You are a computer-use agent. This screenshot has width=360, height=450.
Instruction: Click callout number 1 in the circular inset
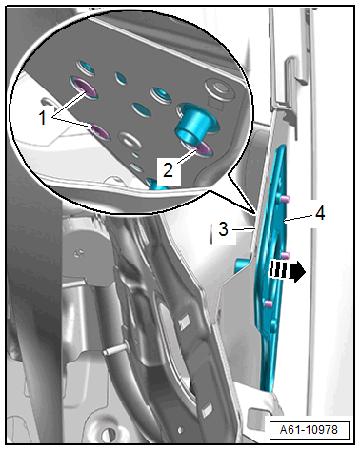42,118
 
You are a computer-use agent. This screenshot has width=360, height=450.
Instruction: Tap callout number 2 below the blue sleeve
168,169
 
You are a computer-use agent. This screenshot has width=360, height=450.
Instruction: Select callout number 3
223,228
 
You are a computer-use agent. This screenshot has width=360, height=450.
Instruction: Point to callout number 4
320,212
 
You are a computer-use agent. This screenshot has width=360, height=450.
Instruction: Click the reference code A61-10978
309,430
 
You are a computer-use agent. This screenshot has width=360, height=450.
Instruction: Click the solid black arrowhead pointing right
298,271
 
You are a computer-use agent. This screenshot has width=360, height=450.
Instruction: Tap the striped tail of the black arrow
280,270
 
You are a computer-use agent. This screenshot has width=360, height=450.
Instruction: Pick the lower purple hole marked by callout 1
101,132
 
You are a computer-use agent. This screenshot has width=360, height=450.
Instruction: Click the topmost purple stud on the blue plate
285,199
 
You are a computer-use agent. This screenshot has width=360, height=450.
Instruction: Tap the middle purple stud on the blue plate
286,255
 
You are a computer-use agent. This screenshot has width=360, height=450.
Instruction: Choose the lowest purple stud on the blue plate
269,303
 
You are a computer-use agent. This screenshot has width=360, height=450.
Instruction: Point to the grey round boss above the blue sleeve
219,88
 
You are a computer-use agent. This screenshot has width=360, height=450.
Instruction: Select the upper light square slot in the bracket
183,323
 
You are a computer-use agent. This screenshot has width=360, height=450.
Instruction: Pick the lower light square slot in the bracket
208,411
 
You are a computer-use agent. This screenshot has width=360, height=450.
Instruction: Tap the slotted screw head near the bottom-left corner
108,435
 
